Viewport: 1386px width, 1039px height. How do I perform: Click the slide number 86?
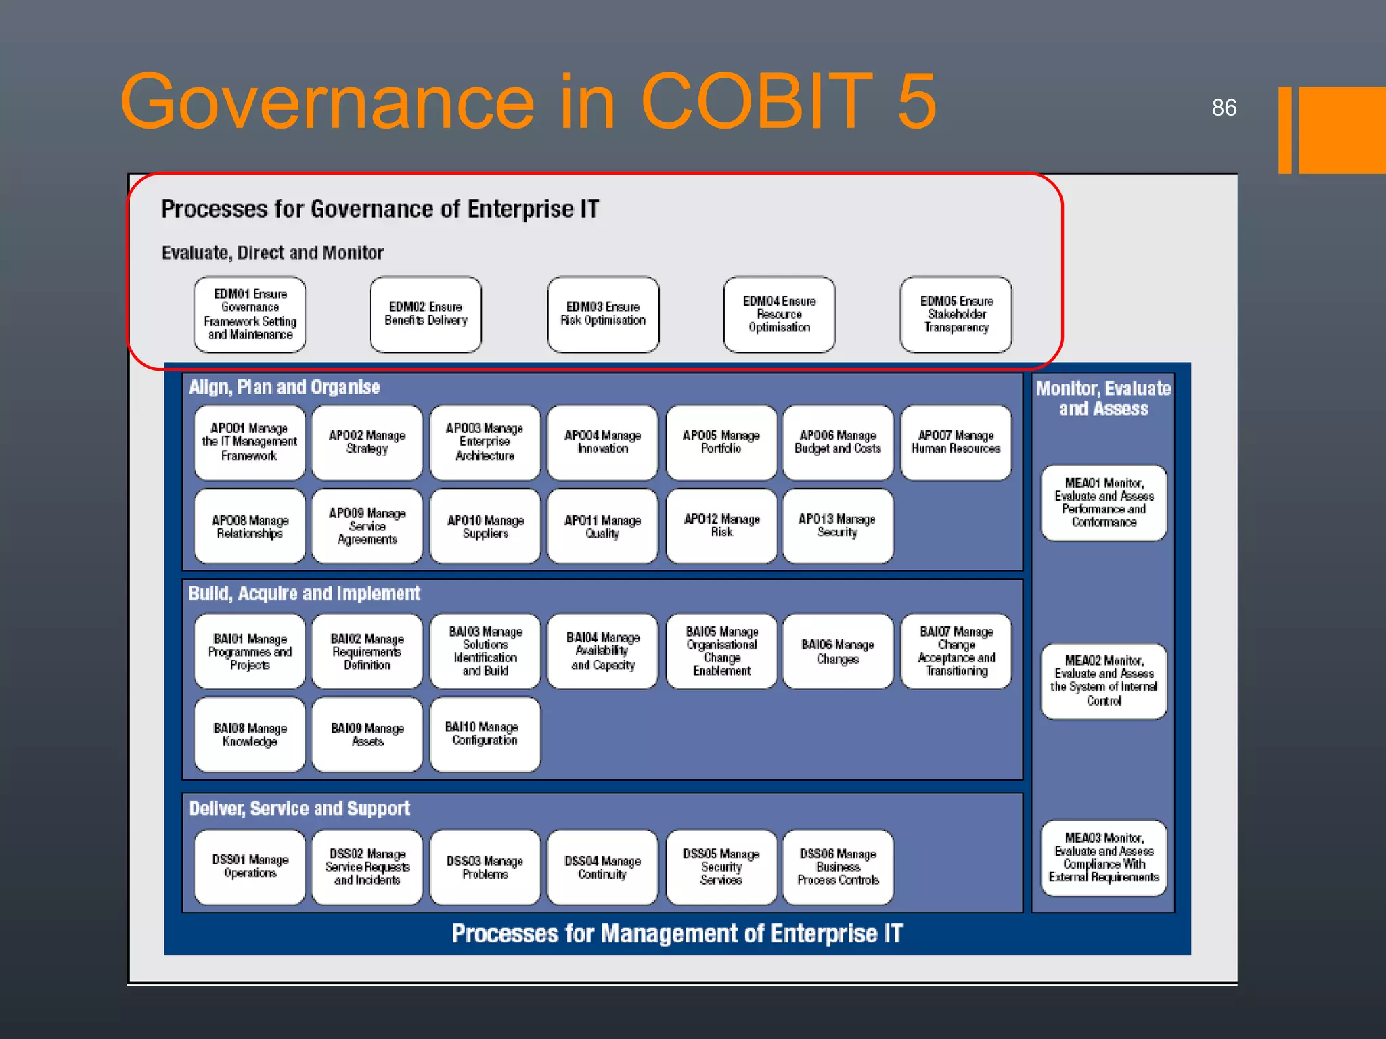point(1224,108)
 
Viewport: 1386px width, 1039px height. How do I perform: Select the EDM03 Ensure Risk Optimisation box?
point(602,314)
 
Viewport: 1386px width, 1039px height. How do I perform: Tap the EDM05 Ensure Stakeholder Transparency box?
point(956,314)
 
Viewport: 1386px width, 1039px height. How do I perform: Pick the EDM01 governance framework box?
point(250,314)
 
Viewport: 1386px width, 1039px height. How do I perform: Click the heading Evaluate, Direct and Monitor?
point(272,253)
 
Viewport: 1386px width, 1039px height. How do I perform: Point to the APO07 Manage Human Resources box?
point(956,442)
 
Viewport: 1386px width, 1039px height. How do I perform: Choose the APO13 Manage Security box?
point(837,526)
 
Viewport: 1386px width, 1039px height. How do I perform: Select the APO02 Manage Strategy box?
point(367,442)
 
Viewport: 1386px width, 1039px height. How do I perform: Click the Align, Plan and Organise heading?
point(284,387)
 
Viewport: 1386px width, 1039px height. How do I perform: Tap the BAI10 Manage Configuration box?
point(485,734)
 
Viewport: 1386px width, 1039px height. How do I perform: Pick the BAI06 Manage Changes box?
point(837,651)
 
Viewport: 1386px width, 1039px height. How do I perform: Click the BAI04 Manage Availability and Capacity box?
point(602,651)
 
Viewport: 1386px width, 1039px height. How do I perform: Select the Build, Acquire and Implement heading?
point(304,593)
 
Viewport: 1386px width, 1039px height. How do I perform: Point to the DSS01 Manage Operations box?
point(250,867)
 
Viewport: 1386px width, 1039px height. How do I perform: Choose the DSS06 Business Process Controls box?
point(837,867)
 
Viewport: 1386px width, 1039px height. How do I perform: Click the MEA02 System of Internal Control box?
point(1103,680)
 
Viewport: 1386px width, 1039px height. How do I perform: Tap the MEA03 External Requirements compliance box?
point(1103,858)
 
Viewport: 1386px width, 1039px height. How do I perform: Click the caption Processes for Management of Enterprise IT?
point(677,933)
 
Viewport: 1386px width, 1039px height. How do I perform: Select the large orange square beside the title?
point(1341,130)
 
